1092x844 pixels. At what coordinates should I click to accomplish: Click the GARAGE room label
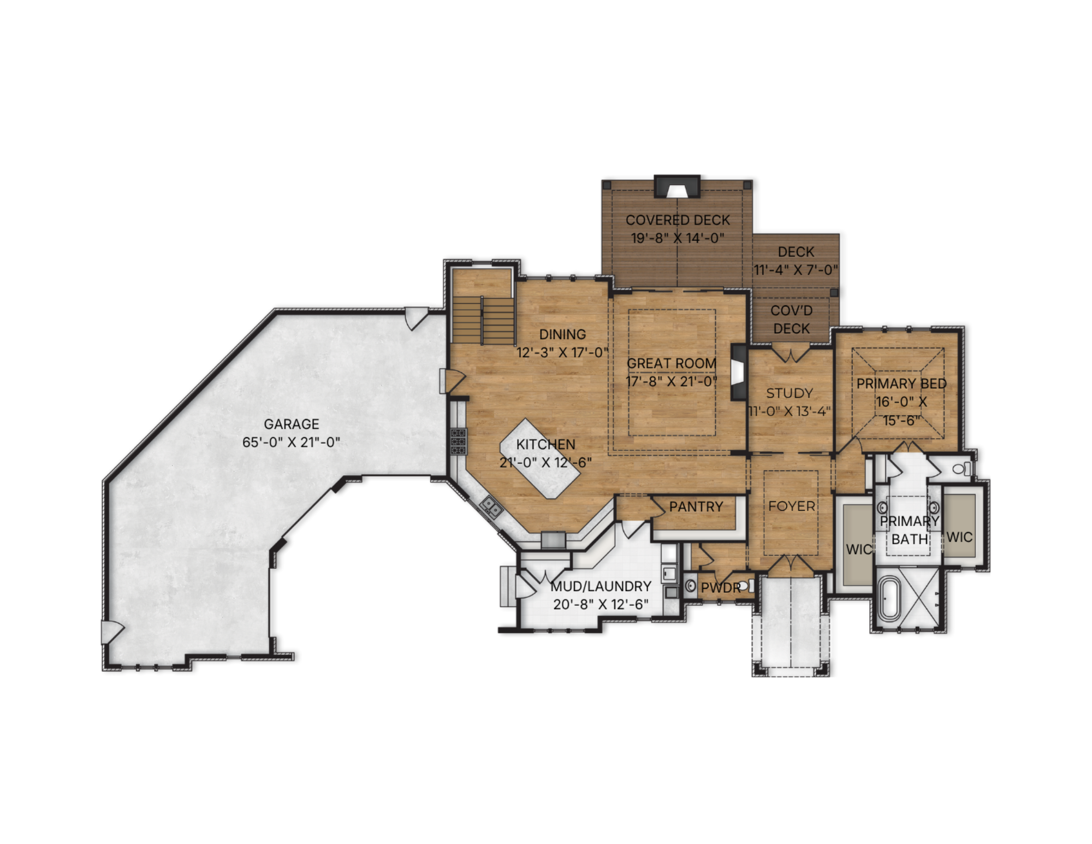pos(291,424)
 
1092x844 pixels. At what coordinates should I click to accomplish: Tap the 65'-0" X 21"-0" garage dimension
pos(291,442)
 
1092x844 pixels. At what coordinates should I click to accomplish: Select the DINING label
pos(562,334)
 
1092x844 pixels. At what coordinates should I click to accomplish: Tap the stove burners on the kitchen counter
pos(458,441)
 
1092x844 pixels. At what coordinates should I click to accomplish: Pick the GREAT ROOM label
pos(671,363)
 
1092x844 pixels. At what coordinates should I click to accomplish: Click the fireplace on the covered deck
pos(677,186)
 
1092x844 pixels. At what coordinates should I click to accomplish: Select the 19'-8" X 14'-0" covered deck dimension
pos(678,238)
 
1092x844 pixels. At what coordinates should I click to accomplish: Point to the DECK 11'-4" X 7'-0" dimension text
pos(796,270)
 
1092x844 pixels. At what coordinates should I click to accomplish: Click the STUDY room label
pos(790,393)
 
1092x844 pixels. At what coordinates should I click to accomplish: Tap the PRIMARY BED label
pos(901,383)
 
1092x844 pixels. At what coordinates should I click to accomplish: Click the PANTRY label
pos(696,507)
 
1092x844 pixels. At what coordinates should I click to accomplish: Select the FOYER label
pos(792,506)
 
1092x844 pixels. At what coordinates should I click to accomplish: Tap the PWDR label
pos(721,588)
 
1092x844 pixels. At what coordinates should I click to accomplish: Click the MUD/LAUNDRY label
pos(601,586)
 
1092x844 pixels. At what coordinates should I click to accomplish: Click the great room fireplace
pos(739,373)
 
